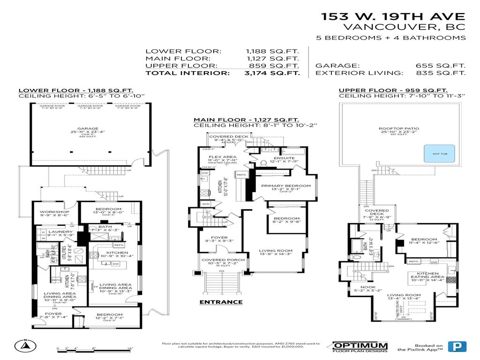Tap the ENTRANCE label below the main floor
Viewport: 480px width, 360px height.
(221, 302)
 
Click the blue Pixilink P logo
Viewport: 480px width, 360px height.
(454, 346)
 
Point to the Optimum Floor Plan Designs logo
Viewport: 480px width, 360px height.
(360, 346)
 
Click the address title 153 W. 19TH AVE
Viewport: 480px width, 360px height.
(393, 16)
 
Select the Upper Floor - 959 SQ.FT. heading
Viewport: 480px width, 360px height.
(393, 90)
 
